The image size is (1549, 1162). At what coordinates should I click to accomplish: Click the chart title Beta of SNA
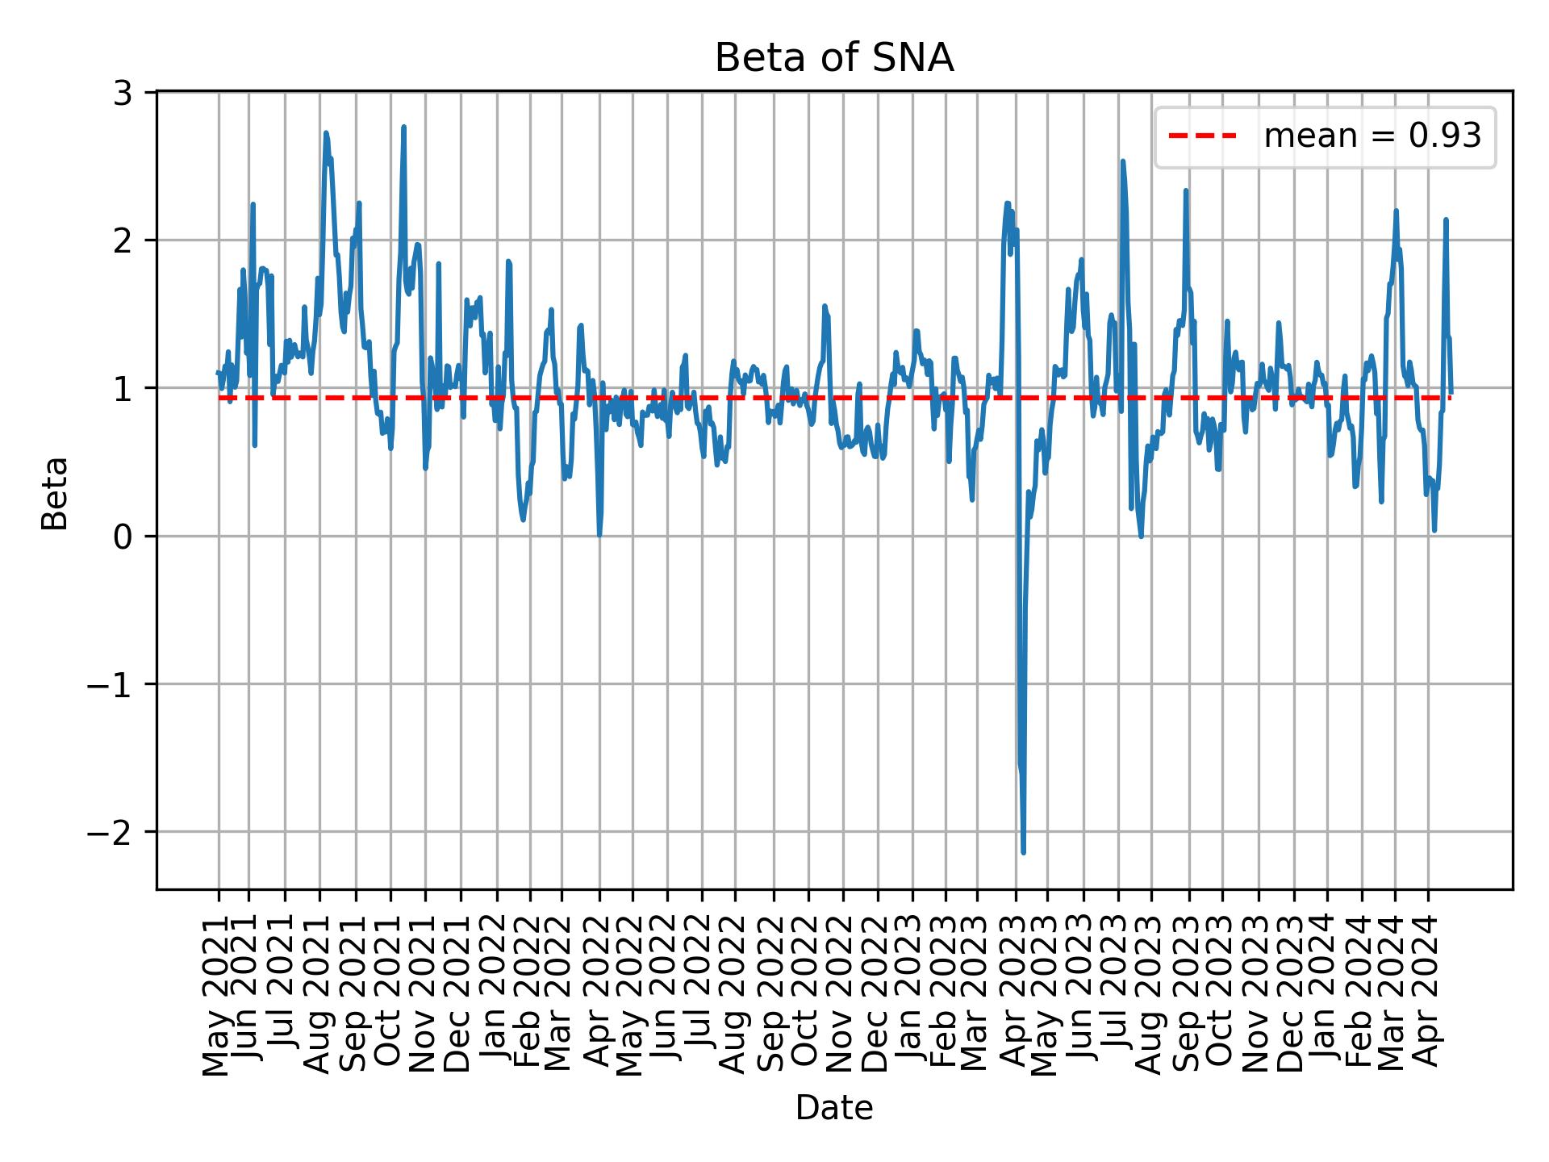834,59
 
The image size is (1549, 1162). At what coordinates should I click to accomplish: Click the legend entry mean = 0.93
1372,136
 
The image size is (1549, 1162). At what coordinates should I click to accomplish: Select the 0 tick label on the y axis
123,537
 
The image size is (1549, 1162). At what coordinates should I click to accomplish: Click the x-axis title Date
834,1108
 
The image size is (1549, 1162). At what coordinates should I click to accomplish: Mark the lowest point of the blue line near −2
1023,852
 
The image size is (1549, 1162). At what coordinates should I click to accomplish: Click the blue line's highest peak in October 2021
403,127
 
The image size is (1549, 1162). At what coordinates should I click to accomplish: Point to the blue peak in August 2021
326,133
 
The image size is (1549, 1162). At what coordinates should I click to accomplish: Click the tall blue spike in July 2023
1122,161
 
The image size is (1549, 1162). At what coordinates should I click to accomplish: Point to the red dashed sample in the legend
1202,136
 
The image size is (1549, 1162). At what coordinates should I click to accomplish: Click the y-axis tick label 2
123,240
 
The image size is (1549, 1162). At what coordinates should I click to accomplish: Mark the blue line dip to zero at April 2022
599,534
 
